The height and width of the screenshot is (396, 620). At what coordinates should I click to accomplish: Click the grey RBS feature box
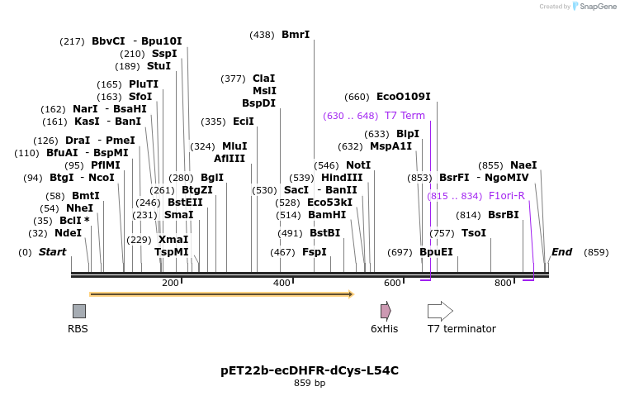click(78, 311)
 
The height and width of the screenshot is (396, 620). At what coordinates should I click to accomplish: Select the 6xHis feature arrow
click(385, 311)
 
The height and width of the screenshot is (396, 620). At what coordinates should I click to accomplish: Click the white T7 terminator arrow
click(439, 311)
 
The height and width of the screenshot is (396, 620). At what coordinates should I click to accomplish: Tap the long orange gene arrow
click(220, 293)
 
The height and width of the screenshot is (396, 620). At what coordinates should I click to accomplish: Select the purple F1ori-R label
click(506, 196)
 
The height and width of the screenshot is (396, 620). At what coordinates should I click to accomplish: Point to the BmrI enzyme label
click(296, 35)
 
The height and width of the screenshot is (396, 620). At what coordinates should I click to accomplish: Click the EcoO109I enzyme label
click(403, 97)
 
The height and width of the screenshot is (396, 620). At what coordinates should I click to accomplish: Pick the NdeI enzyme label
click(68, 233)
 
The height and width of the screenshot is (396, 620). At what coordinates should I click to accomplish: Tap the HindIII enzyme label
click(342, 178)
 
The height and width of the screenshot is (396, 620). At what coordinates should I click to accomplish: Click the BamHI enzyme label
click(327, 214)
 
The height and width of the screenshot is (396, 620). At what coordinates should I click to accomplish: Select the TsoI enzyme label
click(474, 233)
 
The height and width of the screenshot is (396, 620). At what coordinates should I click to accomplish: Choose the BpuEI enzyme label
click(436, 251)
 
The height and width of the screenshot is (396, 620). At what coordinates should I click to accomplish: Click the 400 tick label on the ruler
click(282, 283)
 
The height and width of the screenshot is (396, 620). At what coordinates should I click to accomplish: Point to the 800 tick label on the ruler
click(503, 283)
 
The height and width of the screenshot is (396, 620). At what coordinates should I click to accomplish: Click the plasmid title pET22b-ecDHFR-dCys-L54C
click(310, 370)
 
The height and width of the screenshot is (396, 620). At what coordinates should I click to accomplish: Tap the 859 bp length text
click(310, 383)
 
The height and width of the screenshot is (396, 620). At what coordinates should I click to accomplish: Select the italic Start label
click(52, 251)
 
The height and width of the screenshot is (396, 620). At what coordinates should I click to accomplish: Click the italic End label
click(561, 251)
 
